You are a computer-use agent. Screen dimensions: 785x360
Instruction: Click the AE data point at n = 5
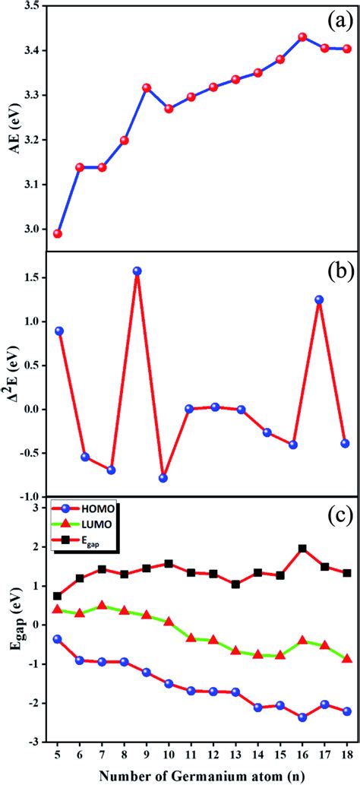click(58, 233)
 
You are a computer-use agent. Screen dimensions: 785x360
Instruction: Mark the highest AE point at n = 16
click(302, 36)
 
